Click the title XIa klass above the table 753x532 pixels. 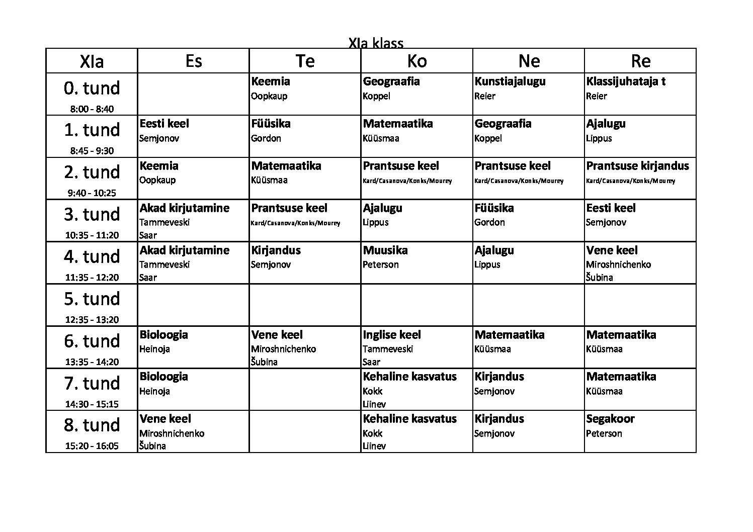tap(376, 43)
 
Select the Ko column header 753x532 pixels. tap(416, 61)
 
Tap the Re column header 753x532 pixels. tap(640, 61)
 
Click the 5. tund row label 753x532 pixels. tap(92, 299)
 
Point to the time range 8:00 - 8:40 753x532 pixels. tap(92, 109)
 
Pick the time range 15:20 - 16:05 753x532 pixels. tap(92, 446)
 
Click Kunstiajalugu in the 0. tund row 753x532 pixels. tap(510, 81)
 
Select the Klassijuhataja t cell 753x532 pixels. tap(626, 81)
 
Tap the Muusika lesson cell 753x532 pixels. tap(385, 250)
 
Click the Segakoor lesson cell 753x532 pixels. tap(610, 419)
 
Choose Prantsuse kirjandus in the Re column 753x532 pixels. tap(637, 166)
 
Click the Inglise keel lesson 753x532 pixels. tap(392, 335)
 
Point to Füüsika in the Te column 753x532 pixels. tap(271, 124)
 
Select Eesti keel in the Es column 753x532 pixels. tap(164, 124)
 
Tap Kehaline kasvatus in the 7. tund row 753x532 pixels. tap(409, 377)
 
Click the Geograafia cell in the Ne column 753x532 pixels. tap(503, 124)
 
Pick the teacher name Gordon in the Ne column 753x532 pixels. tap(489, 222)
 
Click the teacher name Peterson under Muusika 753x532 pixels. tap(381, 264)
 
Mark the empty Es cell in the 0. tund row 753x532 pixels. tap(193, 94)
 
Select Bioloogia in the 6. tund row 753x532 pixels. tap(163, 335)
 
